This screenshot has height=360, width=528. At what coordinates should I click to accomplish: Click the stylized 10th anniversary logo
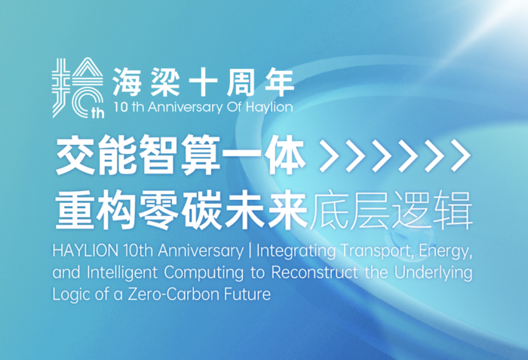point(78,88)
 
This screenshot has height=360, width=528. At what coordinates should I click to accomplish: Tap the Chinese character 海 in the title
point(127,83)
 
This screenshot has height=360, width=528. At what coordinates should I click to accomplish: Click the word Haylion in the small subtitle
point(269,107)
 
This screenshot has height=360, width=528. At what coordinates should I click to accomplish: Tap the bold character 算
point(200,155)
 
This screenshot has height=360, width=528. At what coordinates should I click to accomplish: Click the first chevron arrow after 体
point(330,155)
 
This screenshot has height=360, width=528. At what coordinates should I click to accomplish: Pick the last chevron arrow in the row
point(461,155)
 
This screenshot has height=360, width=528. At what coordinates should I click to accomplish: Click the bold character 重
point(75,211)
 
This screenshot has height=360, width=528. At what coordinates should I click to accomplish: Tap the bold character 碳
point(201,211)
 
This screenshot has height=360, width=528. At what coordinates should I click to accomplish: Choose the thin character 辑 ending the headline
point(453,211)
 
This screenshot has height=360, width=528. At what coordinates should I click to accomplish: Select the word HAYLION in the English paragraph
point(85,251)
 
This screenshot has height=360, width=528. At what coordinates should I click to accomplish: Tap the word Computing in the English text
point(204,273)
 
